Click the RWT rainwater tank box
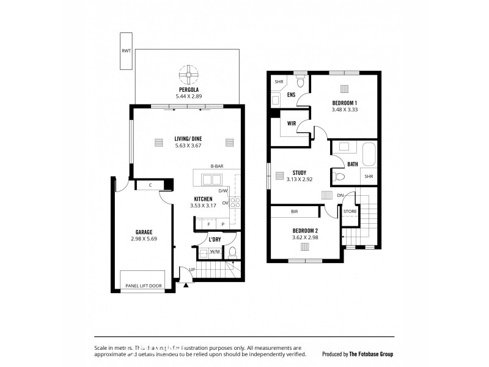(125, 52)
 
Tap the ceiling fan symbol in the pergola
(188, 75)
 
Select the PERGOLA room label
(187, 90)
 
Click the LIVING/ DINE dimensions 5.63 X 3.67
(188, 146)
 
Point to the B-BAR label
(216, 166)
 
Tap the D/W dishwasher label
(222, 191)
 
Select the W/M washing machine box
(215, 251)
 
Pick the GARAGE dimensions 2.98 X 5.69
(144, 239)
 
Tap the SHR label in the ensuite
(279, 82)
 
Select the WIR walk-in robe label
(292, 124)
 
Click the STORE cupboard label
(350, 212)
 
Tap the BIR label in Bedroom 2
(294, 212)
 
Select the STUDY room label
(300, 172)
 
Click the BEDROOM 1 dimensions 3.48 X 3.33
(345, 109)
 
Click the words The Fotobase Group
(371, 354)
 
